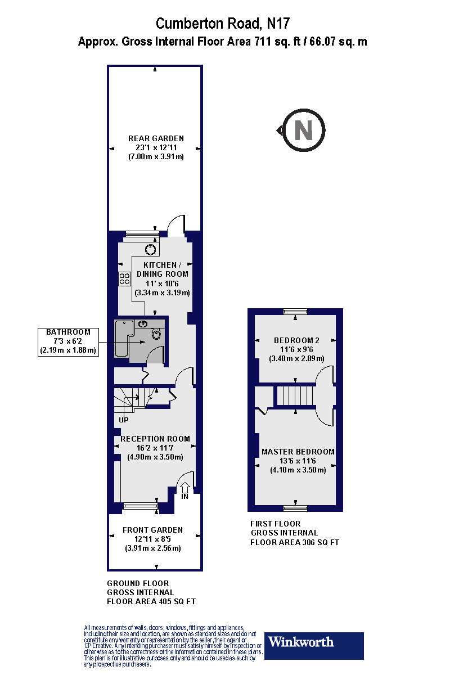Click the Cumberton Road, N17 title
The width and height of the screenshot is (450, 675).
point(222,23)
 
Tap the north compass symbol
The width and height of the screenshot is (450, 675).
point(303,130)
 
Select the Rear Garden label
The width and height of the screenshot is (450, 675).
point(156,138)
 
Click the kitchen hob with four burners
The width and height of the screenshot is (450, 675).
point(124,278)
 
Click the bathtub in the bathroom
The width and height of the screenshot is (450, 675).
point(123,338)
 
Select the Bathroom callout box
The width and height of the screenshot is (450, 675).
point(67,341)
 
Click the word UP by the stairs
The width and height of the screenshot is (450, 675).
point(124,420)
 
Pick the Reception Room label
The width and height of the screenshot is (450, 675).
point(155,439)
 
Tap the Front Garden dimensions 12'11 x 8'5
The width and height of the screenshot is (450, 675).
point(152,539)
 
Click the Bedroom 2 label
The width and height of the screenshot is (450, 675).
point(296,340)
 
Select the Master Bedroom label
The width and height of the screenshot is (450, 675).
point(298,452)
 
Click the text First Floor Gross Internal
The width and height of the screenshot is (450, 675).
point(284,528)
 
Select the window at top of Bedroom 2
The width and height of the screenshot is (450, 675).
point(295,311)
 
